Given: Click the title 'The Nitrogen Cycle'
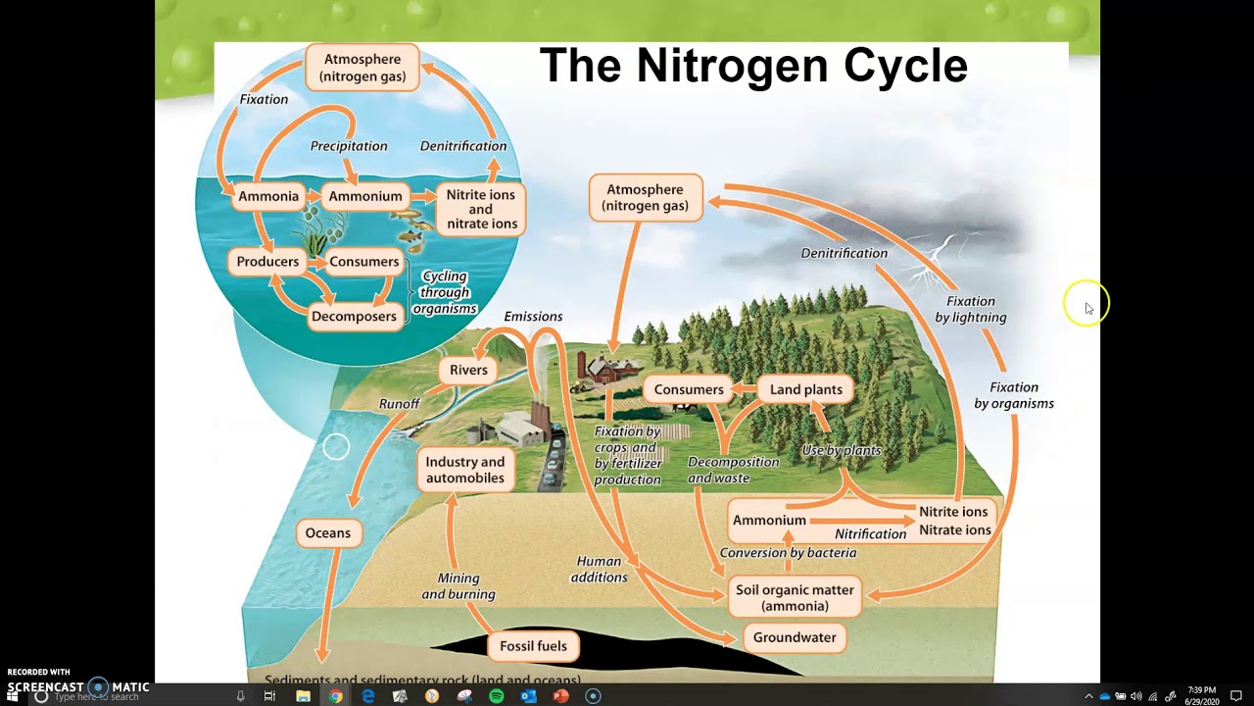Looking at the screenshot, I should pos(753,66).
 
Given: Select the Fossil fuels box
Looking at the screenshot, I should pos(533,646).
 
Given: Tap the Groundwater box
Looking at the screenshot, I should pos(795,637).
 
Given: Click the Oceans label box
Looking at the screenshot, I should pos(327,533).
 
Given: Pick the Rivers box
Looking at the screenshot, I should pos(468,370).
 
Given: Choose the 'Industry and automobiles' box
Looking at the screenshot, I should pos(465,470).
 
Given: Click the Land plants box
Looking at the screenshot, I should pos(805,389).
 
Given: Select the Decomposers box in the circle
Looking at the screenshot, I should pos(354,316).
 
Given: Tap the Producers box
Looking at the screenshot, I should pos(267,262).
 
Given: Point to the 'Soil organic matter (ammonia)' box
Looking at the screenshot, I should pos(795,598).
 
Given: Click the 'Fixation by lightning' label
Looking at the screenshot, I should pos(970,309).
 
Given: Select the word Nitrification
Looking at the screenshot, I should pos(870,534).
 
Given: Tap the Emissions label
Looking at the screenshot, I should pos(533,317).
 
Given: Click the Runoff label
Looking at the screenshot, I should pos(399,404).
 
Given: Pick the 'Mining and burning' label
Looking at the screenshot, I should pos(458,586).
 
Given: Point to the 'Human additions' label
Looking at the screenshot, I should pos(599,570).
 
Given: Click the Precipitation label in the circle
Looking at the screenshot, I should pos(349,146).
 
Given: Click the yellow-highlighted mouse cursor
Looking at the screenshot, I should pos(1085,306).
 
